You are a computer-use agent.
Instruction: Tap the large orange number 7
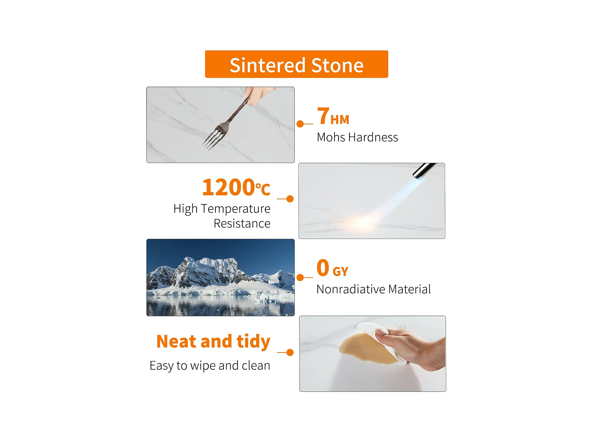(323, 116)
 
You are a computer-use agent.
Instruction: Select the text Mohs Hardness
(357, 137)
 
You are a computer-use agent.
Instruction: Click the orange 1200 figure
(228, 187)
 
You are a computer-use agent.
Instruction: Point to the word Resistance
(242, 223)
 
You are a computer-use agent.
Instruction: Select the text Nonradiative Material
(374, 289)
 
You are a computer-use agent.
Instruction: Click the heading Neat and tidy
(213, 342)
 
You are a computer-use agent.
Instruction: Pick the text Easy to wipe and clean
(210, 366)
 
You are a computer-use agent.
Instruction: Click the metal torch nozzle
(424, 170)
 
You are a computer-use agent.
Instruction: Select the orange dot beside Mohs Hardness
(300, 124)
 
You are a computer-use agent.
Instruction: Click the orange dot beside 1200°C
(290, 199)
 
